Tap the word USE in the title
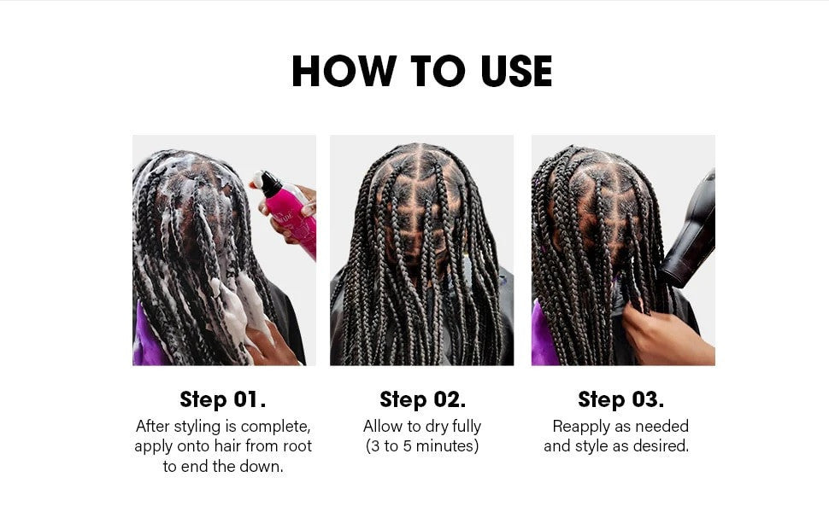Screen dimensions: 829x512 tap(516, 71)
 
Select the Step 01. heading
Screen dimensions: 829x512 tap(222, 399)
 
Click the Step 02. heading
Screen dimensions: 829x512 tap(422, 399)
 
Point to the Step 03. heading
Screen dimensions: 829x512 tap(620, 399)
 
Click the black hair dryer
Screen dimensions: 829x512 tap(689, 232)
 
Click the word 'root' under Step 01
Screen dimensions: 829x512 tap(297, 446)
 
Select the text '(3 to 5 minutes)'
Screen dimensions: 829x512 tap(422, 446)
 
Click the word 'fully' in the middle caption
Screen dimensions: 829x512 tap(467, 427)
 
